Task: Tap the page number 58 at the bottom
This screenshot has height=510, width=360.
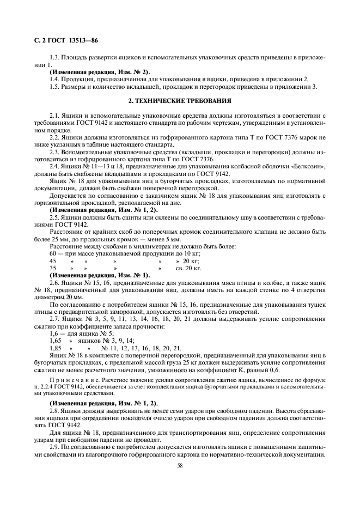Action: (x=179, y=465)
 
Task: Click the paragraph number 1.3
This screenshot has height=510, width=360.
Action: (x=55, y=57)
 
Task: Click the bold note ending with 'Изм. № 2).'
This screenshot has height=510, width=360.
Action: (x=100, y=72)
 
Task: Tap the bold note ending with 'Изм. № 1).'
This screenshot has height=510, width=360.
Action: (x=100, y=275)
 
